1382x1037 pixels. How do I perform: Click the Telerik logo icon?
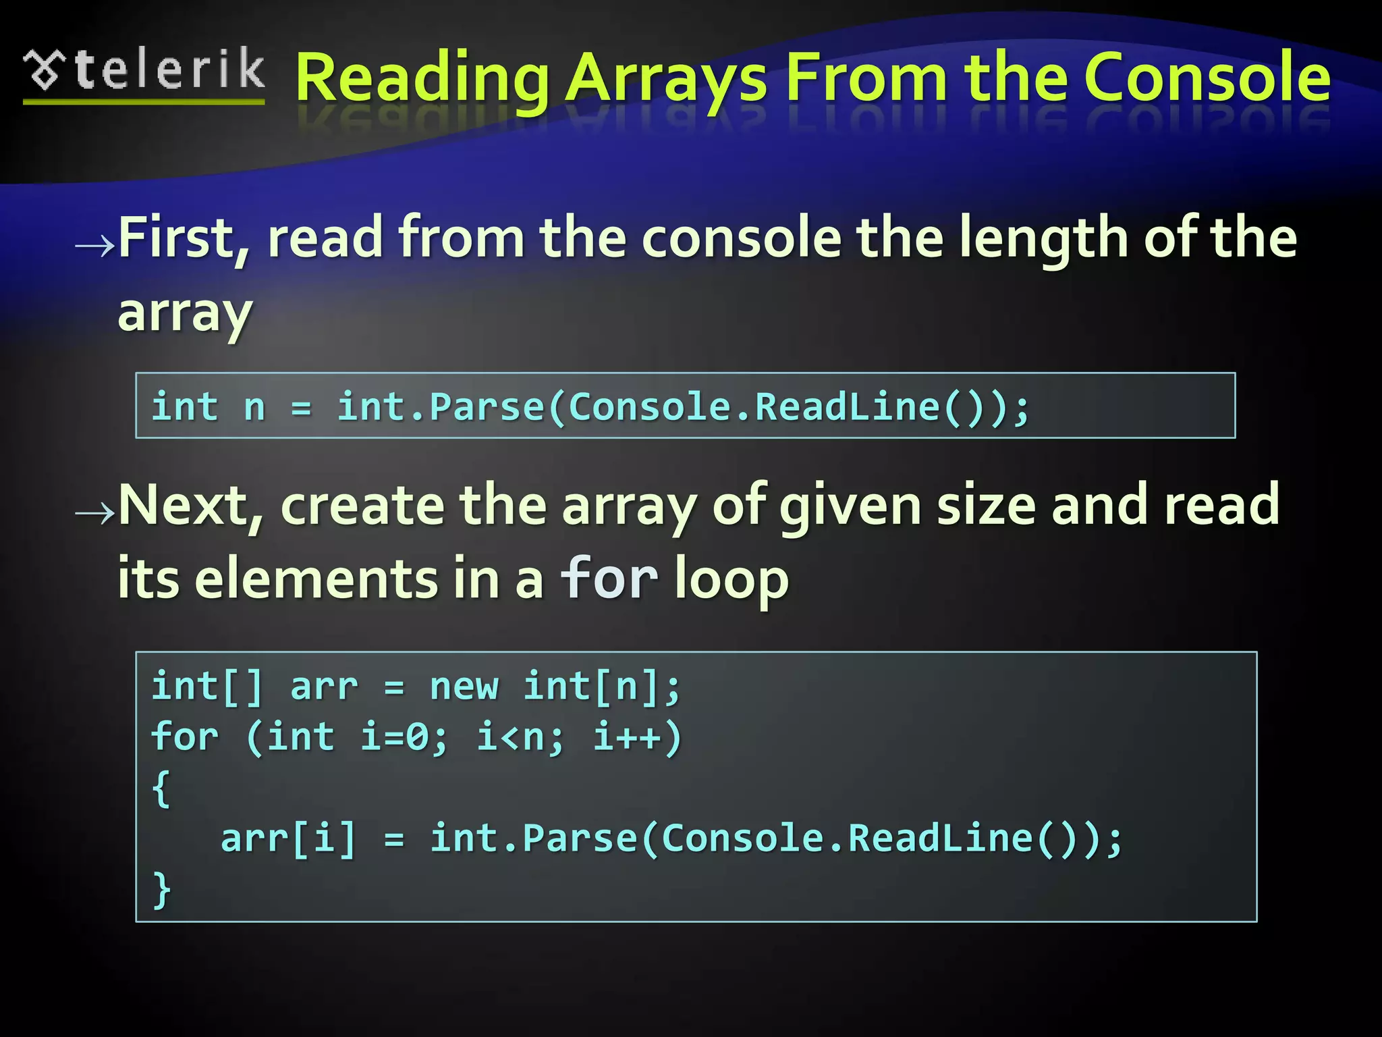(45, 70)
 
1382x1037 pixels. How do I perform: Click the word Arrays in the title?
(667, 80)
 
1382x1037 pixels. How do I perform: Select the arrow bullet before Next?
(94, 514)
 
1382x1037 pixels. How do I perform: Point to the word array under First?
(185, 314)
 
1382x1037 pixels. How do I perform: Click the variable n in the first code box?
(254, 408)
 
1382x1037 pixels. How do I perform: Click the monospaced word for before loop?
(609, 579)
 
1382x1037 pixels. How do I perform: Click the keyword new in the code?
(464, 687)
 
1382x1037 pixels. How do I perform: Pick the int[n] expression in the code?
(594, 687)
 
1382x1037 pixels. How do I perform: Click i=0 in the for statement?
(403, 737)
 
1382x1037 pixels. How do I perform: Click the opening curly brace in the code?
(161, 788)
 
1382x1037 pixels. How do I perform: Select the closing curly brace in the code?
(161, 889)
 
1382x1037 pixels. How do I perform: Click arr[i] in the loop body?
(288, 839)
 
